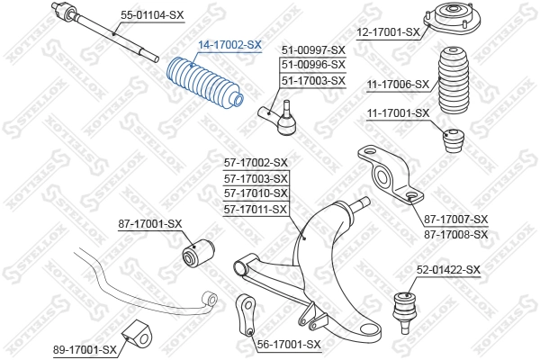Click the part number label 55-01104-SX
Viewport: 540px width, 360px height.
click(x=153, y=15)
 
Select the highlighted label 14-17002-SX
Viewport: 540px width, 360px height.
click(x=230, y=44)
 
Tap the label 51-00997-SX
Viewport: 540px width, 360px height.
click(x=313, y=50)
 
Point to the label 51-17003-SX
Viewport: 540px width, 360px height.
click(x=313, y=80)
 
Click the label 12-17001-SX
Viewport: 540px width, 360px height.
click(x=389, y=32)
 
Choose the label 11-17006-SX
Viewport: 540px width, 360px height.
click(x=397, y=85)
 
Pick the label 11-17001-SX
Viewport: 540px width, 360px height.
click(x=397, y=113)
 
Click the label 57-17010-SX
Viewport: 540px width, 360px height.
click(x=256, y=193)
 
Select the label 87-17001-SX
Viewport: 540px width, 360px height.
click(x=150, y=223)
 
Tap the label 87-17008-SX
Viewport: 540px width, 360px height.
click(x=455, y=234)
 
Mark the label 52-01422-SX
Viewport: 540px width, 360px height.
click(x=448, y=269)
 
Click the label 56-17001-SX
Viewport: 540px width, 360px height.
click(x=288, y=344)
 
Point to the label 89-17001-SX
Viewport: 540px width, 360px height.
click(x=85, y=349)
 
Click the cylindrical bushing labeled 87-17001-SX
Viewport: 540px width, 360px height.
click(x=198, y=252)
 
